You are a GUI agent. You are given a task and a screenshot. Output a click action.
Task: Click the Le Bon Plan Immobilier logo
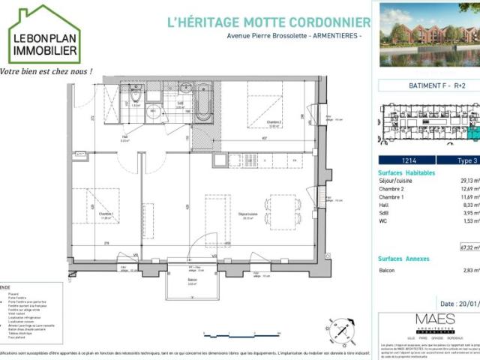[44, 35]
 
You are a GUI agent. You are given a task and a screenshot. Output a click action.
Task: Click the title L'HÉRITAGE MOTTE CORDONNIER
[268, 22]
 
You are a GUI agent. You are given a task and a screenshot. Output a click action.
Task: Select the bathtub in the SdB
[203, 103]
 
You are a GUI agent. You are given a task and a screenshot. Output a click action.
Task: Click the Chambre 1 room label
[105, 214]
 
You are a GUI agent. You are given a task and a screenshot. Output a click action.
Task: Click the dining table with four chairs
[283, 212]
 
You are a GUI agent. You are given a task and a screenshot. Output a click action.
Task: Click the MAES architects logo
[435, 323]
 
